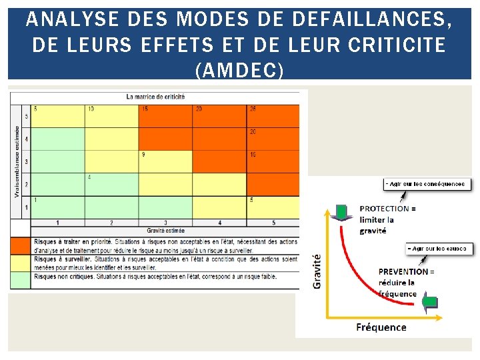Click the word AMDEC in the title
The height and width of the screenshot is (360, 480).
(240, 68)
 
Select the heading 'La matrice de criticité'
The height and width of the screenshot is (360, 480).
(155, 97)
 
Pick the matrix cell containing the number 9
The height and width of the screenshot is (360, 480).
(165, 161)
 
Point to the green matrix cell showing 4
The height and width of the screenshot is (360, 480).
(112, 184)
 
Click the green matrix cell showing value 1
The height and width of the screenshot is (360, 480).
(59, 207)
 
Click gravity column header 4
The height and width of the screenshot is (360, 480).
(219, 222)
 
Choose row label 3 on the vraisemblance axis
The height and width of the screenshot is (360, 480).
(27, 162)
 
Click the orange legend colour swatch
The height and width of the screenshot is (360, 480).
(21, 245)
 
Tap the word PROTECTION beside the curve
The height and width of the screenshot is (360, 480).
(385, 209)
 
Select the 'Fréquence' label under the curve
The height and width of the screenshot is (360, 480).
(381, 327)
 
